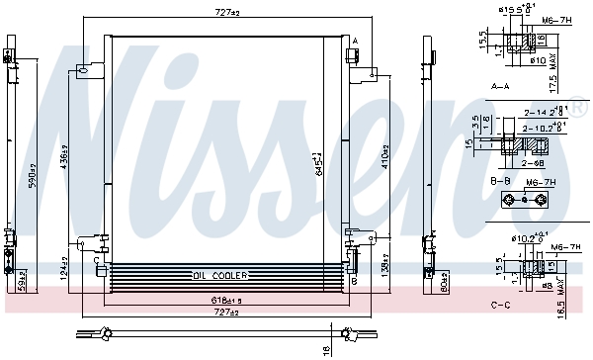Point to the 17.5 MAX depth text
tap(581, 74)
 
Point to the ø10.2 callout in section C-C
tap(526, 237)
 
